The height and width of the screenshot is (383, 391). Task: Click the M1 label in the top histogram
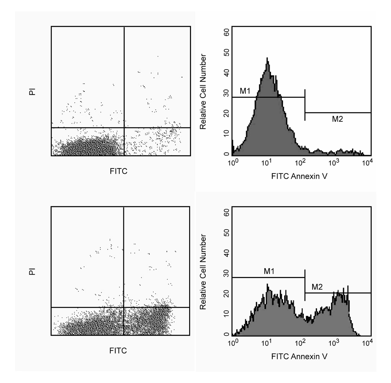click(x=245, y=91)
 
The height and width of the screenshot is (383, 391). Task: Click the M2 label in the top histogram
click(x=337, y=119)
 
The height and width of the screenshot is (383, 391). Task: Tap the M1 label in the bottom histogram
click(x=269, y=271)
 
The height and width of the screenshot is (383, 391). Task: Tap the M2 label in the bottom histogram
click(x=317, y=287)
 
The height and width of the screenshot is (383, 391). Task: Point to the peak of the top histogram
click(x=267, y=58)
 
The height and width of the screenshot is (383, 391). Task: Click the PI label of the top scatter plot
click(x=32, y=91)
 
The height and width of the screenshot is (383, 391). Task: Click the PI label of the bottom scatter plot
click(x=32, y=271)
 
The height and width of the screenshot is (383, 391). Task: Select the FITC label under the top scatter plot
click(x=119, y=171)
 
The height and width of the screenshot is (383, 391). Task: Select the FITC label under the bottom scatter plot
click(x=118, y=351)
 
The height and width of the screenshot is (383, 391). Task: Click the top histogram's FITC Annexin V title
click(x=299, y=176)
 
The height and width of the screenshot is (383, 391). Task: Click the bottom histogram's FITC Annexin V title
click(x=299, y=356)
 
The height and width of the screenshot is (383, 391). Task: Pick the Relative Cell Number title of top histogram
click(x=203, y=91)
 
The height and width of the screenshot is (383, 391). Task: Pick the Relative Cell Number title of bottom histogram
click(x=203, y=272)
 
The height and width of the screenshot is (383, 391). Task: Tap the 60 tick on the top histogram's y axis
click(x=227, y=32)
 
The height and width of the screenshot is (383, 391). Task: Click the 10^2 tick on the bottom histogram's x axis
click(x=300, y=343)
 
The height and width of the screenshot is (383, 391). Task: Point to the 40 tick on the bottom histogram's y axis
click(x=227, y=253)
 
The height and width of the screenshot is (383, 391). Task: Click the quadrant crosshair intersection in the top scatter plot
click(x=124, y=128)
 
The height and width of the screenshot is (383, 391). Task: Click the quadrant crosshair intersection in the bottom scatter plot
click(x=124, y=307)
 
